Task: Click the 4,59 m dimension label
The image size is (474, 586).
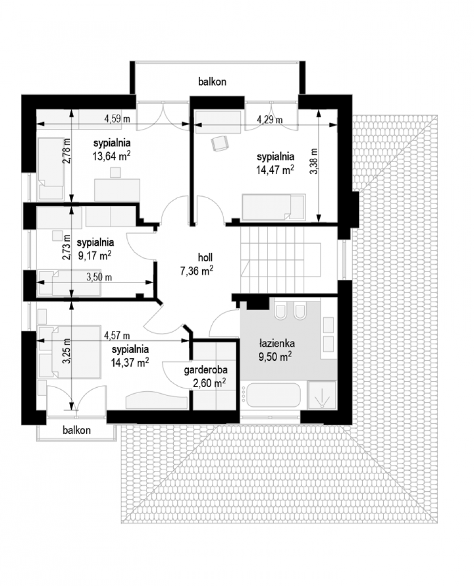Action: pos(117,119)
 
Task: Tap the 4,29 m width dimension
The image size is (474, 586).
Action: pos(270,120)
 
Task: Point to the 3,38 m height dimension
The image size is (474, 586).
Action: pos(314,161)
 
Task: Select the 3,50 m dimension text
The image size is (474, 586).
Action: pos(99,277)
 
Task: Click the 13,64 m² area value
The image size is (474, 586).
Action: pos(111,156)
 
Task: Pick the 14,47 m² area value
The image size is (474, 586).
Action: pos(275,169)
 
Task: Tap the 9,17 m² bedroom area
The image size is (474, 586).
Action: pos(95,255)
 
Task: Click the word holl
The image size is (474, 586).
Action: pos(206,257)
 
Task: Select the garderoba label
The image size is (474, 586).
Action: pos(206,370)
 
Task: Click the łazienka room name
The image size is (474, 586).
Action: pos(277,343)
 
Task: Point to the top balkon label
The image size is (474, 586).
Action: pos(212,82)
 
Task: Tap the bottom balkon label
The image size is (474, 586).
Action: pos(77,430)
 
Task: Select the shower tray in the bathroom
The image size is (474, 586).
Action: pos(322,395)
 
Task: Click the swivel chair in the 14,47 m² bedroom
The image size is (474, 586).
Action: pos(220,143)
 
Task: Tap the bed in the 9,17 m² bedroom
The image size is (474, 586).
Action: pos(69,283)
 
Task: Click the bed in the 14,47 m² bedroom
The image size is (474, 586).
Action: pos(273,207)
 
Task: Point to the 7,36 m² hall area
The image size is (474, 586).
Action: pos(197,271)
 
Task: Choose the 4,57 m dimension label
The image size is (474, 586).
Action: pos(117,335)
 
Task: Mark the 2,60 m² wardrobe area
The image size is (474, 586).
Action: pos(209,383)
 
